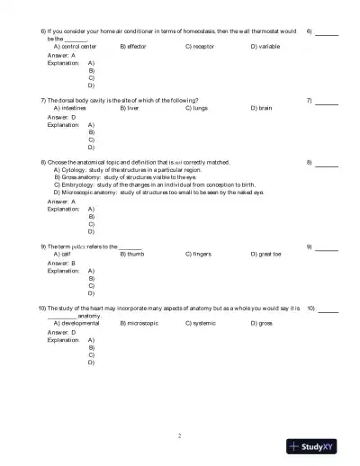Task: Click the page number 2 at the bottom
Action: coord(180,435)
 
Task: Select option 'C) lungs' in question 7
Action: coord(198,107)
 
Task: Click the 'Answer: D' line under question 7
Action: coord(61,116)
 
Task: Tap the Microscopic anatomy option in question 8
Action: coord(158,193)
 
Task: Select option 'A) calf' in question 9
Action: coord(63,254)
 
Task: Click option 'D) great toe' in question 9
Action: coord(267,254)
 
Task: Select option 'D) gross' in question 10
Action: coord(262,322)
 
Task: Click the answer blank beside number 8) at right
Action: coord(327,164)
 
